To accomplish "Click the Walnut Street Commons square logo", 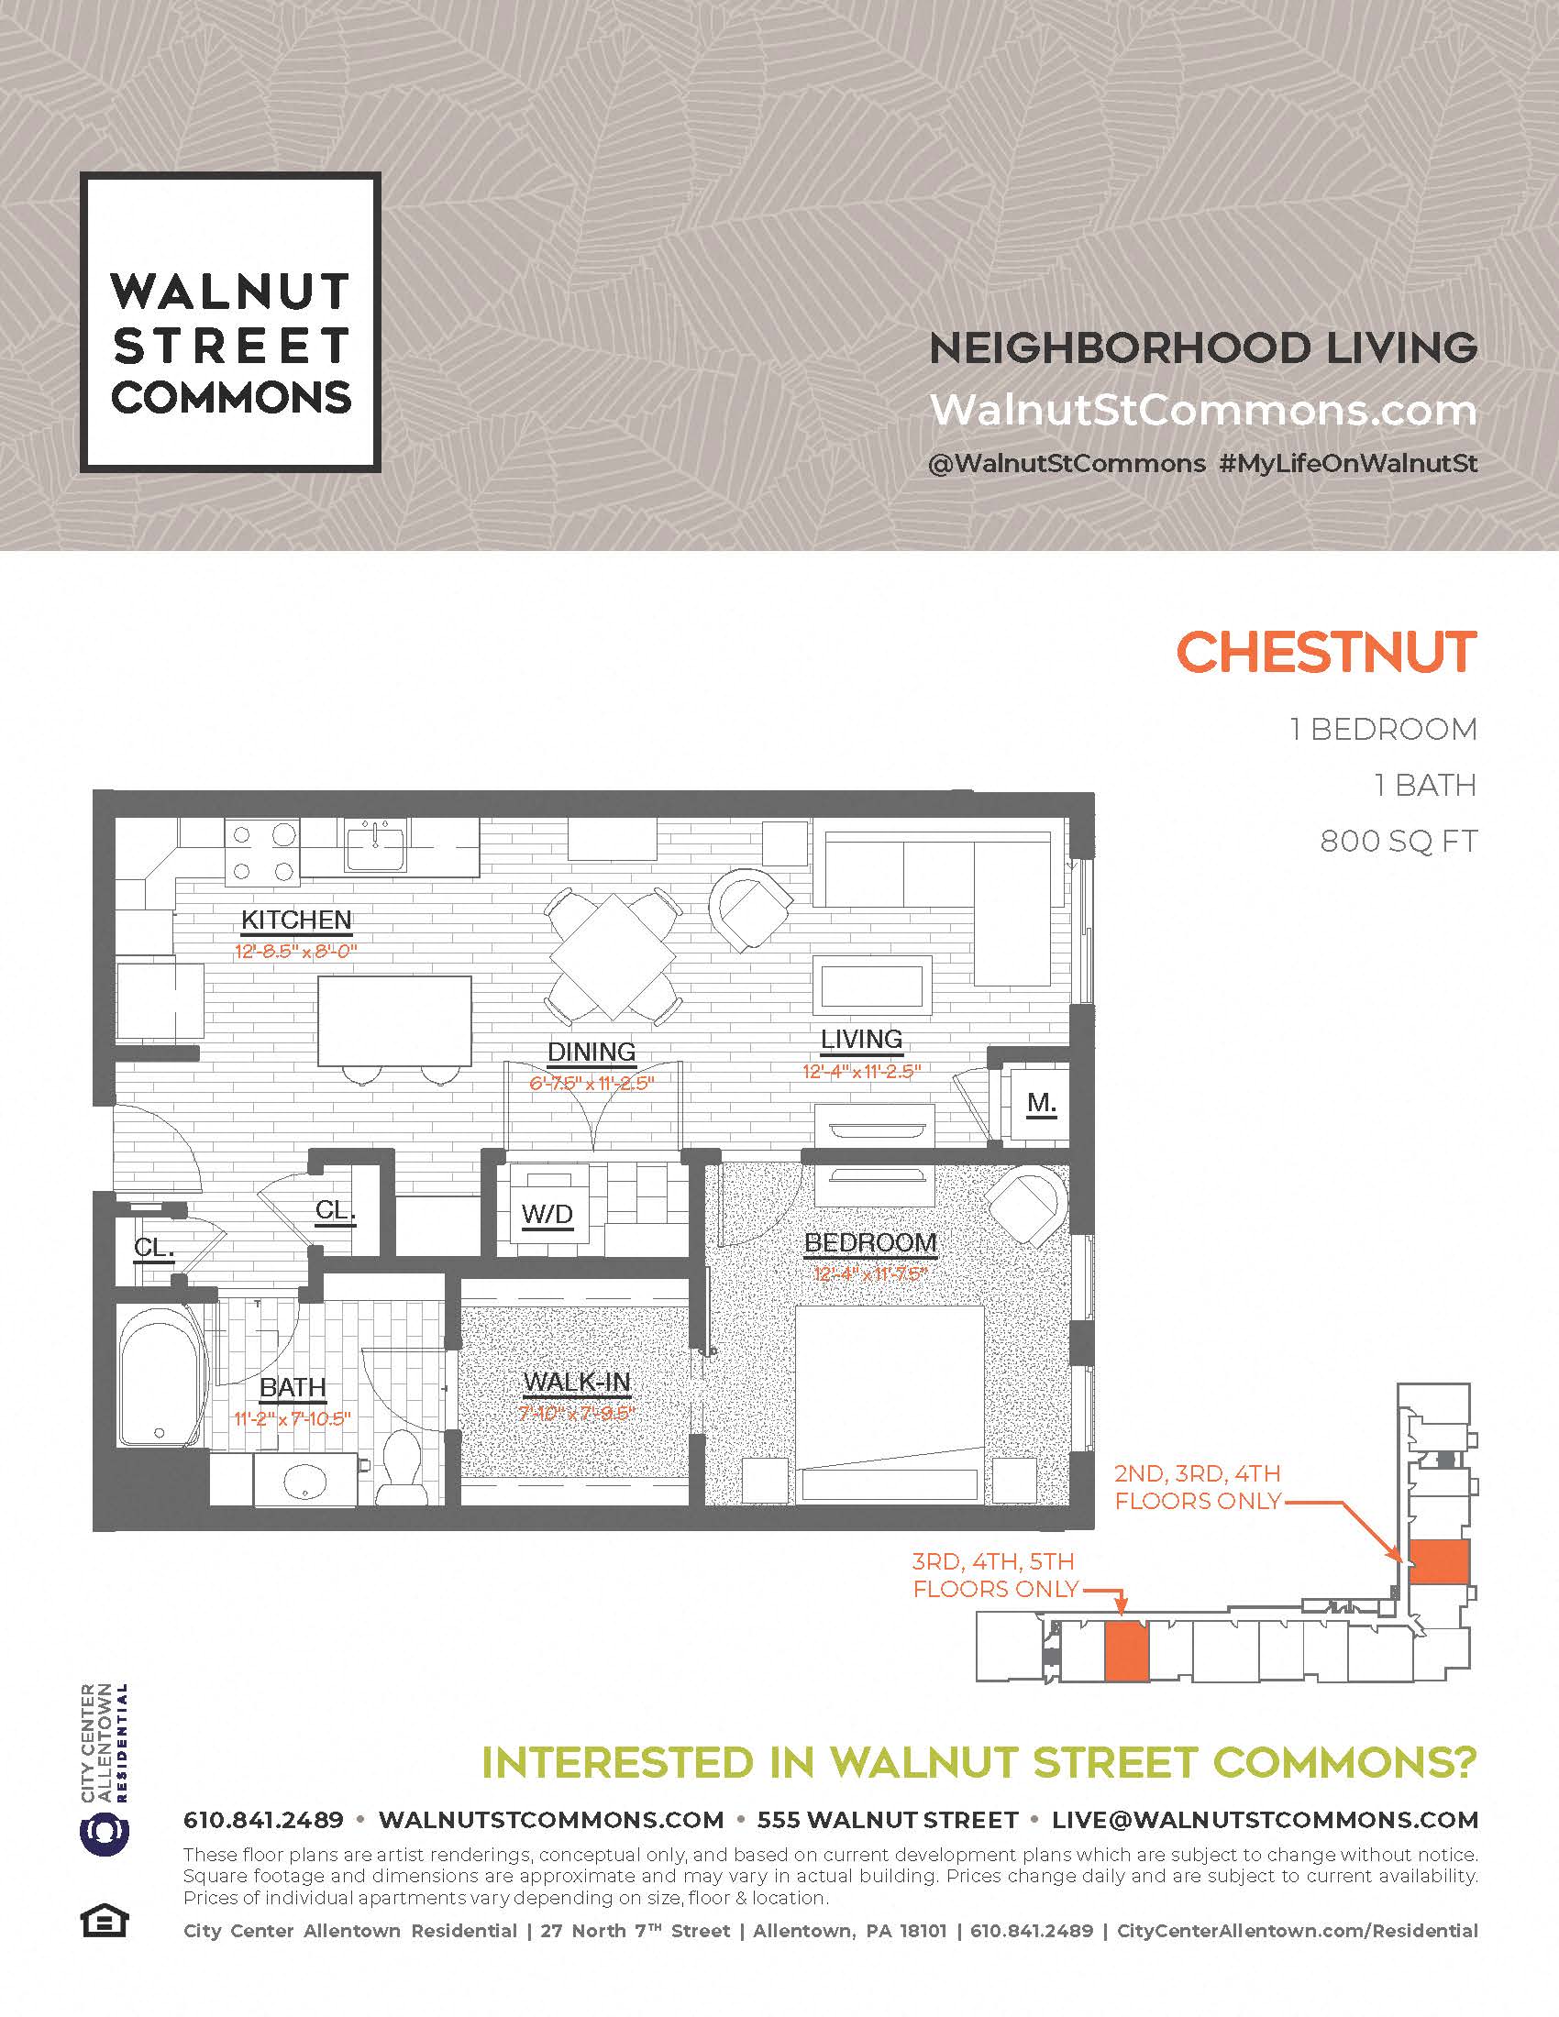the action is click(230, 323).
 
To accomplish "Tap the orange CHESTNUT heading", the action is click(1326, 653).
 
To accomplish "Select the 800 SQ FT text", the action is click(1399, 842).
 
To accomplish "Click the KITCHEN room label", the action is click(296, 920).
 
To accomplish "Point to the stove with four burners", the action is click(263, 853).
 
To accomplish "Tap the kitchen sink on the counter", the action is click(375, 847).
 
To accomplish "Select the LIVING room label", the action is click(862, 1039).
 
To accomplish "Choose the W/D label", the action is click(547, 1215).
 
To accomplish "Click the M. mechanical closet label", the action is click(1041, 1103).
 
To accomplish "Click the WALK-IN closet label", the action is click(576, 1383).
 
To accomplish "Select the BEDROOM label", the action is click(870, 1243).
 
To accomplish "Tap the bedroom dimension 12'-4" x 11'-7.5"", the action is click(870, 1274).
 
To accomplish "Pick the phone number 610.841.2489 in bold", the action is click(263, 1820).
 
